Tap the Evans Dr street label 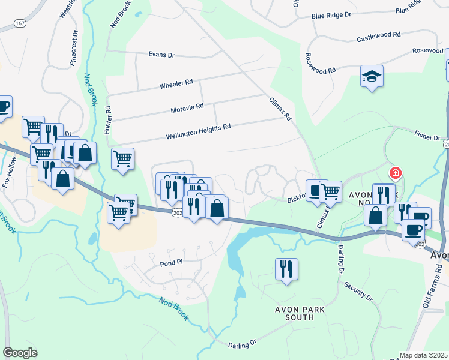click(161, 55)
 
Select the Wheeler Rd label click(176, 84)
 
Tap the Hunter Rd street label click(109, 120)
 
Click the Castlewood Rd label click(378, 38)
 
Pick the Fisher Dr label click(427, 137)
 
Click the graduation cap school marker click(372, 77)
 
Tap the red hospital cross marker click(395, 174)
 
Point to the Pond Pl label click(171, 263)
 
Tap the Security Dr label click(358, 290)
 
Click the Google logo click(20, 352)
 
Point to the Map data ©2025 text click(423, 355)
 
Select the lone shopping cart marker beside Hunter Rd click(122, 159)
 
